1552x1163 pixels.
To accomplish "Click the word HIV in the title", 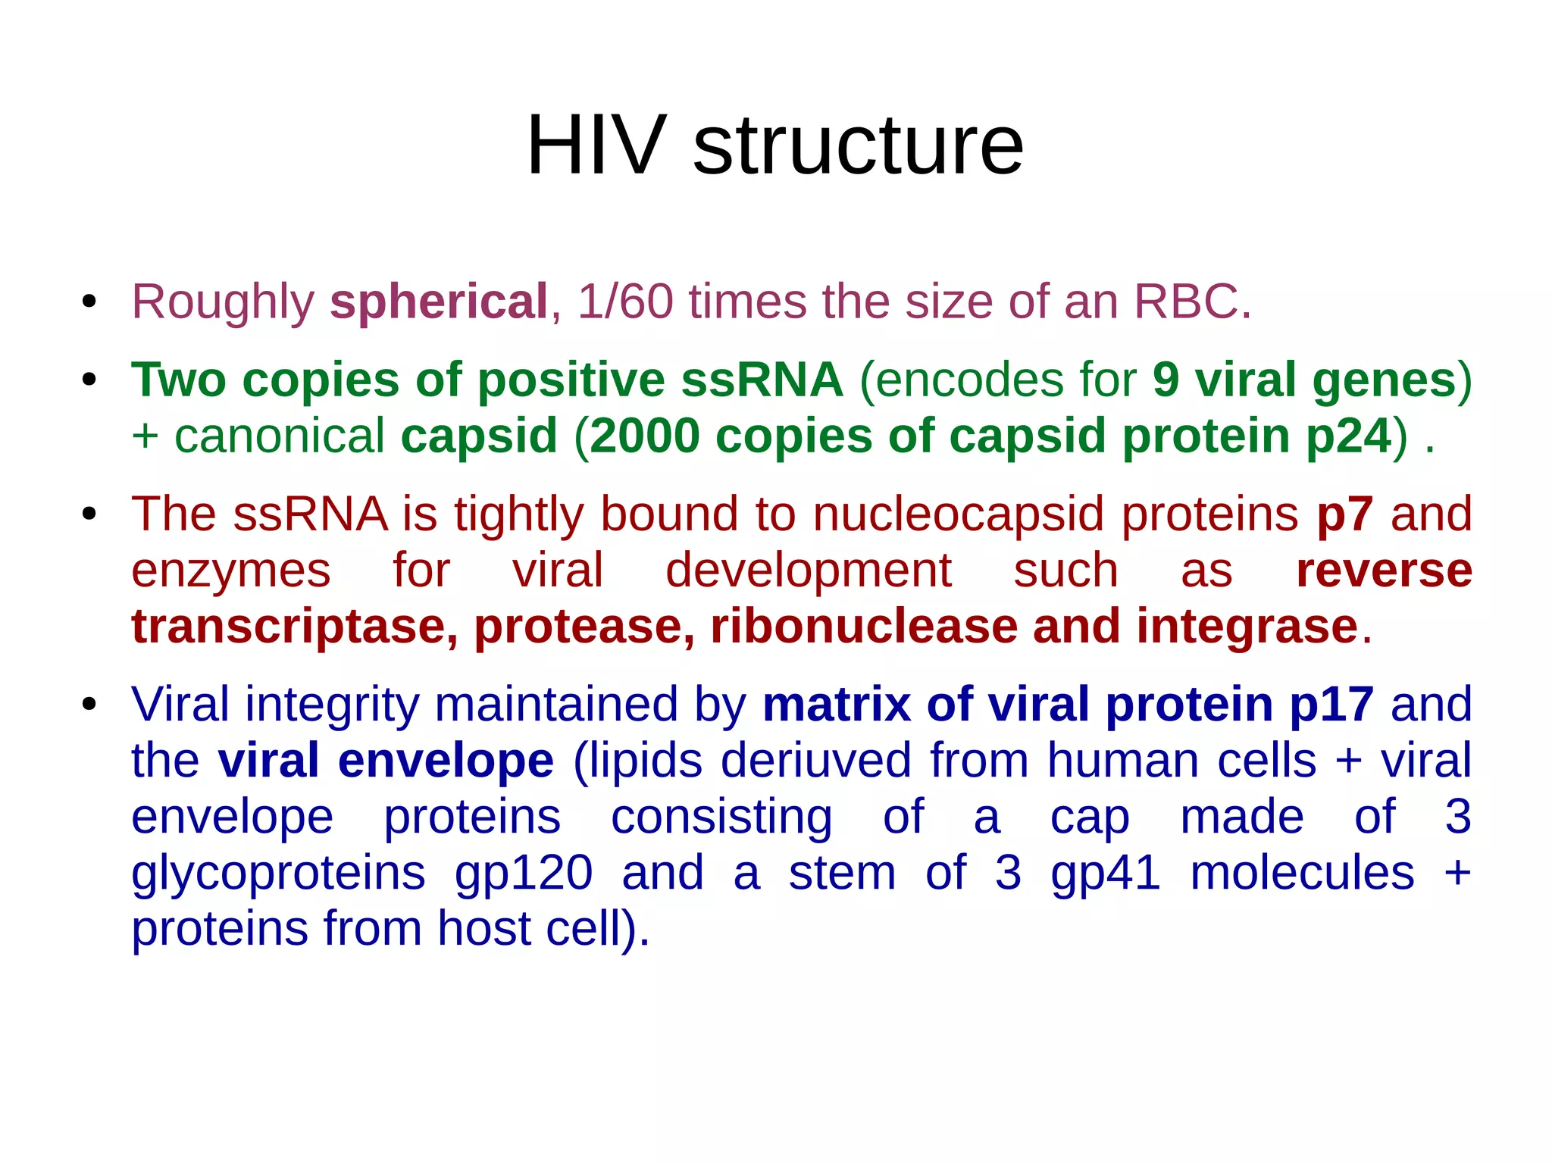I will pos(596,145).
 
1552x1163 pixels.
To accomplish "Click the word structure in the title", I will pos(858,145).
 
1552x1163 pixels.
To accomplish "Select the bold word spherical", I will pos(439,302).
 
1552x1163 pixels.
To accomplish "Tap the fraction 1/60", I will pos(625,302).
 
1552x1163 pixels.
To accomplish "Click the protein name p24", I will pos(1349,436).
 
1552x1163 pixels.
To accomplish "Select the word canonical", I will pos(280,436).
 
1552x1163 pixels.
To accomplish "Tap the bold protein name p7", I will pos(1344,514).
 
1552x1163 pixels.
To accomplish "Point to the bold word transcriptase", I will pos(294,627).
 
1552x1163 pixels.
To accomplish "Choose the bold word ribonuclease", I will pos(863,627).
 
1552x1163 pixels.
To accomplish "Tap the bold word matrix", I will pos(836,705).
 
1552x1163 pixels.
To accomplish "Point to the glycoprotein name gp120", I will pos(524,873).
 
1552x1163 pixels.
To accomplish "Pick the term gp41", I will pos(1105,873).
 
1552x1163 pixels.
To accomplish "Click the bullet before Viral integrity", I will pos(89,705).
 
